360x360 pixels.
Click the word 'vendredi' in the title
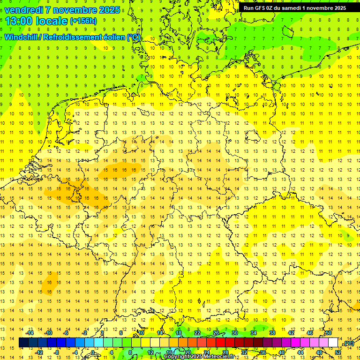[x=24, y=10]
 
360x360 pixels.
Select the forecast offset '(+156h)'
[x=83, y=21]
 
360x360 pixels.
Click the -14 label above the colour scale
[x=30, y=332]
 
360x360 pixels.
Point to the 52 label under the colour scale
[x=337, y=352]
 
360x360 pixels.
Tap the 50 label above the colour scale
[x=328, y=332]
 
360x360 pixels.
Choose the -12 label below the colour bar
[x=39, y=352]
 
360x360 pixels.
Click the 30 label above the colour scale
[x=234, y=332]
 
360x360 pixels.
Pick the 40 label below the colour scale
[x=281, y=352]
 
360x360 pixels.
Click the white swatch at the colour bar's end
[x=333, y=342]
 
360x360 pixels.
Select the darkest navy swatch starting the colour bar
[x=23, y=342]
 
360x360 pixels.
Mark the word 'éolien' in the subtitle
[x=113, y=37]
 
